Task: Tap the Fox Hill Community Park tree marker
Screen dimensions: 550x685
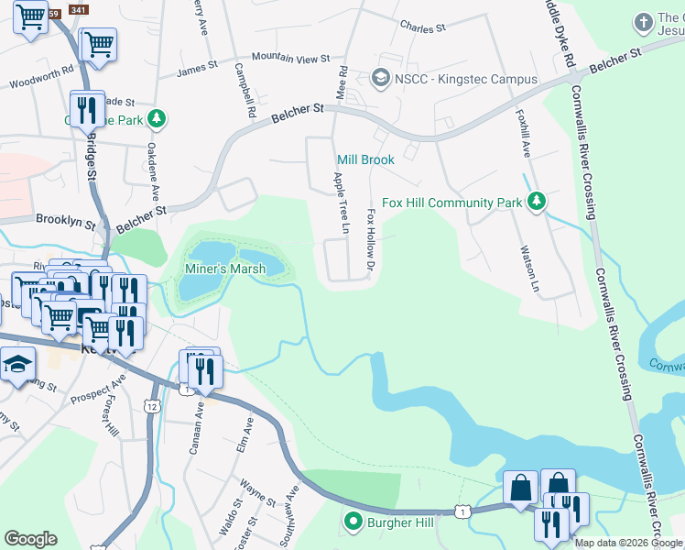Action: [x=537, y=202]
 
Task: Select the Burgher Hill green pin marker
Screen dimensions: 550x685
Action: [x=353, y=522]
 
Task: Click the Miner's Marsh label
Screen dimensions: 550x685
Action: [x=225, y=269]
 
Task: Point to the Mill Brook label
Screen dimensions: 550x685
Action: [x=365, y=159]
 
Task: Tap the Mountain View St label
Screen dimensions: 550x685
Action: [x=290, y=58]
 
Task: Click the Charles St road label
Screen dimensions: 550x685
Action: [x=422, y=27]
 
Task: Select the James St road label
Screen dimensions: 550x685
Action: [x=197, y=68]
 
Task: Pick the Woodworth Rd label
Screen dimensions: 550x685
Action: [x=42, y=77]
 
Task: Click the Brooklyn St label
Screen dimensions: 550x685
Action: [x=66, y=221]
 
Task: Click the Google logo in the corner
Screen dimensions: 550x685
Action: [x=30, y=539]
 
